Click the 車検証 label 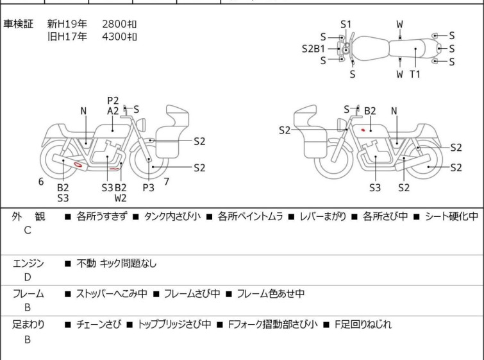coord(18,24)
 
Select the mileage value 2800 coord(114,24)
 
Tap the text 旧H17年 coord(67,37)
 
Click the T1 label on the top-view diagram coord(415,74)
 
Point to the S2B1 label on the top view coord(313,49)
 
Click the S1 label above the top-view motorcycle coord(346,24)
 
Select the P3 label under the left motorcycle coord(148,187)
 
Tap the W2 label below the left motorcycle coord(121,198)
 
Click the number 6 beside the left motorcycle coord(41,182)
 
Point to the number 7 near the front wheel coord(167,182)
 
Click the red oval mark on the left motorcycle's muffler coord(78,164)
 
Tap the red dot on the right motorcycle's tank coord(363,130)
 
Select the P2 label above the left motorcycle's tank coord(113,101)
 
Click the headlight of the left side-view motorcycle coord(141,124)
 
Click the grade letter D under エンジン coord(28,277)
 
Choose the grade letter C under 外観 coord(28,230)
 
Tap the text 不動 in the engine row coord(86,263)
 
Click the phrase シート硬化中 coord(451,216)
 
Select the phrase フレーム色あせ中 coord(271,293)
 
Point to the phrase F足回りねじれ coord(363,325)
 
